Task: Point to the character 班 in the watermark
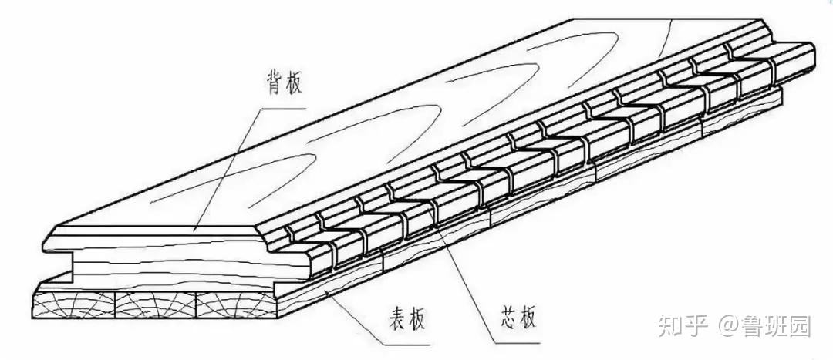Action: point(777,326)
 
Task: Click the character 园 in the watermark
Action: point(800,326)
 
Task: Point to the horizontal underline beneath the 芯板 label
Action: point(513,341)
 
